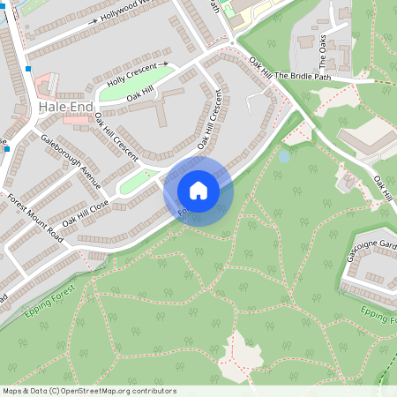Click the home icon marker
198,190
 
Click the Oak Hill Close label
86,218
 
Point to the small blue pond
284,157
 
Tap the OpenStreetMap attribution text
89,391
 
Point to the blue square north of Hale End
29,69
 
